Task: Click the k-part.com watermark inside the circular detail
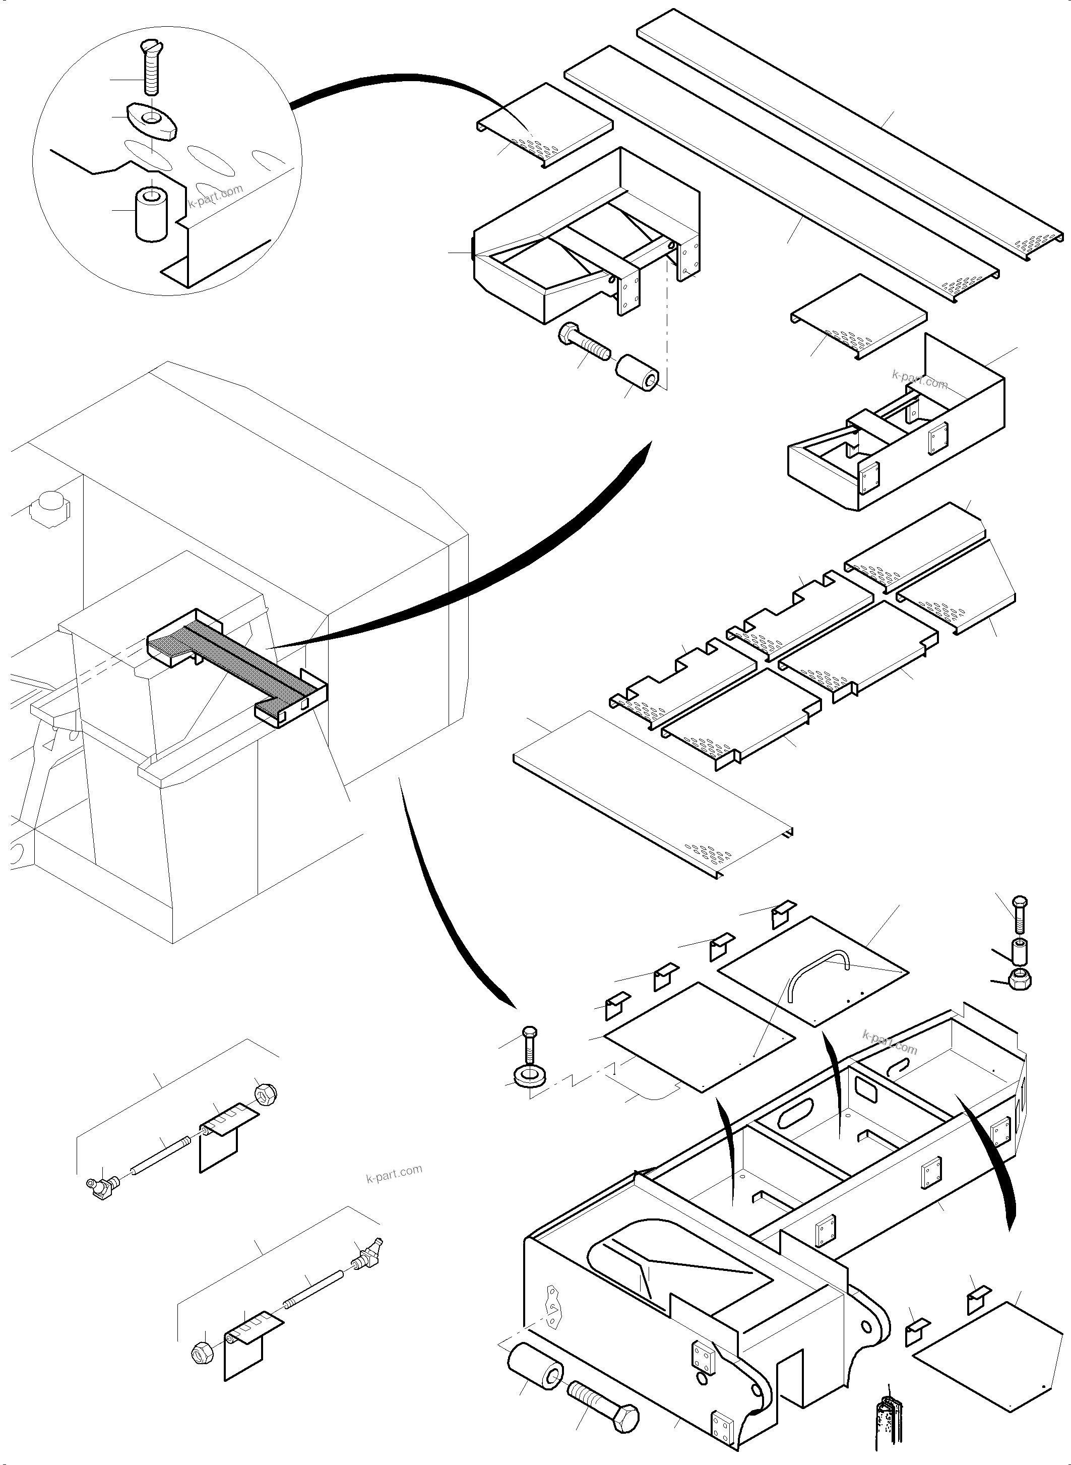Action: click(x=216, y=195)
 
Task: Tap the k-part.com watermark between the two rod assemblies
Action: click(x=394, y=1173)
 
